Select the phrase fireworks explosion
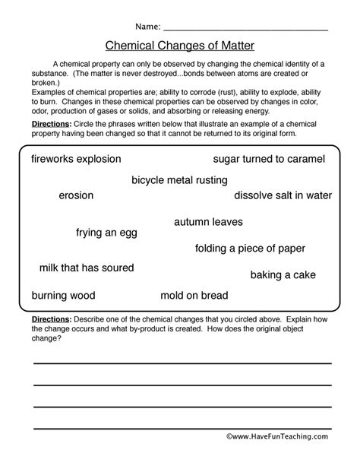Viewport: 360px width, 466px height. tap(76, 159)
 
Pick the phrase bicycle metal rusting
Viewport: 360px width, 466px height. tap(179, 180)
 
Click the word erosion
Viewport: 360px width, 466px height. tap(76, 195)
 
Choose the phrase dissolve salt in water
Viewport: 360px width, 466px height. tap(283, 195)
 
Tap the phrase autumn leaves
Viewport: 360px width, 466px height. tap(208, 222)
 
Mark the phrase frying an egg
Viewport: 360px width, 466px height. tap(106, 233)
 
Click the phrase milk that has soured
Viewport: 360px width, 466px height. tap(87, 268)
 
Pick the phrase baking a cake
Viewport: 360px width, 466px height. tap(283, 274)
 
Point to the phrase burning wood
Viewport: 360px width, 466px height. tap(63, 294)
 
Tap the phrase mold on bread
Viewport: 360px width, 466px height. tap(194, 294)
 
